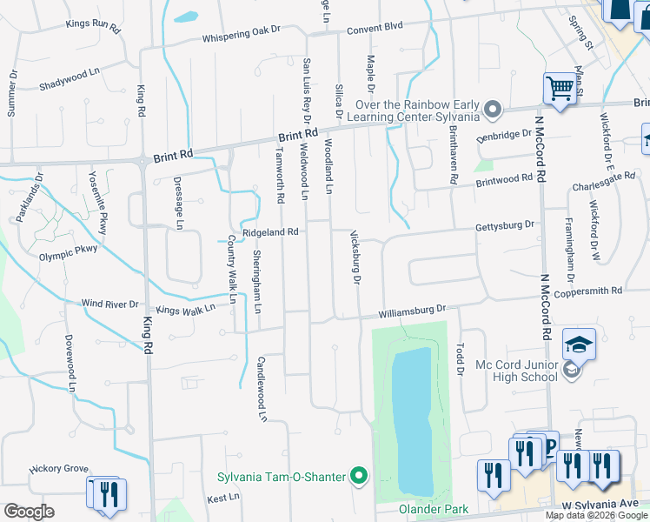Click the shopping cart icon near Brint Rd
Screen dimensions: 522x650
pyautogui.click(x=560, y=87)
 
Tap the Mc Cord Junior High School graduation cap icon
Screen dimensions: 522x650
pyautogui.click(x=579, y=345)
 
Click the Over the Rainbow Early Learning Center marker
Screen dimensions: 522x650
pyautogui.click(x=493, y=110)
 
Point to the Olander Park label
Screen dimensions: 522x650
pyautogui.click(x=434, y=509)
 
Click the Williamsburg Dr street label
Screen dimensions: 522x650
pyautogui.click(x=412, y=309)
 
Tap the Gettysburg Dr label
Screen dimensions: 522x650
pyautogui.click(x=504, y=226)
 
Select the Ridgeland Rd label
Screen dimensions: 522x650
pyautogui.click(x=271, y=232)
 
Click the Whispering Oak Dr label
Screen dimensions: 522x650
pyautogui.click(x=242, y=33)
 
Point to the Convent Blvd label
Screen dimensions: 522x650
pyautogui.click(x=375, y=27)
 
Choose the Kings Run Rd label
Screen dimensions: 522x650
pyautogui.click(x=92, y=23)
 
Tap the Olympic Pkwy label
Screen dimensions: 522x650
pyautogui.click(x=69, y=255)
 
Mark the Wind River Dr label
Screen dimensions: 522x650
pyautogui.click(x=109, y=304)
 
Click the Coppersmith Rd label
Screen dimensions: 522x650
pyautogui.click(x=593, y=291)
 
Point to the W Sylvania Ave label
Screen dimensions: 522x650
pyautogui.click(x=600, y=505)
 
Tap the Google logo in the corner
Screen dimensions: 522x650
pyautogui.click(x=29, y=512)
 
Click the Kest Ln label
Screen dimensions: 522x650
pyautogui.click(x=222, y=498)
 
